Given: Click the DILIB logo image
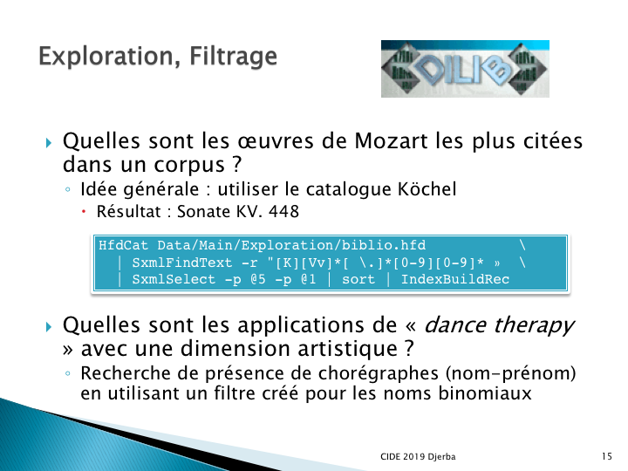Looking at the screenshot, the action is coord(465,69).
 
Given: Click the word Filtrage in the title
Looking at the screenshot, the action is coord(233,57).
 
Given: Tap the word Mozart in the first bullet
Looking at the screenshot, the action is coord(391,141).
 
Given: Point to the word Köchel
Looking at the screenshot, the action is coord(427,189).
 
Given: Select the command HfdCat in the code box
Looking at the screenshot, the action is coord(123,245).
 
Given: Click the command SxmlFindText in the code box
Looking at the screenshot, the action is coord(181,263).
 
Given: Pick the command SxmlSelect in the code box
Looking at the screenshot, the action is coord(174,280).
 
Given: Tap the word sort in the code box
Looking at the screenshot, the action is coord(358,280).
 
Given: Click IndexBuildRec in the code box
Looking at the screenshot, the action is coord(455,279).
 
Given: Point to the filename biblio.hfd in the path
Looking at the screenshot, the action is coord(384,245).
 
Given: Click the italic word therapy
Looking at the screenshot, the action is coord(535,325).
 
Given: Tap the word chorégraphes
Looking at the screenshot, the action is coord(378,373).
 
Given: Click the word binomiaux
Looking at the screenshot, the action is coord(485,392).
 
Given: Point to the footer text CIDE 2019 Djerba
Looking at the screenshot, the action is coord(418,456).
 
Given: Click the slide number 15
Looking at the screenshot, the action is coord(607,456).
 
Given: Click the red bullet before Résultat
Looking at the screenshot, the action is coord(84,211).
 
